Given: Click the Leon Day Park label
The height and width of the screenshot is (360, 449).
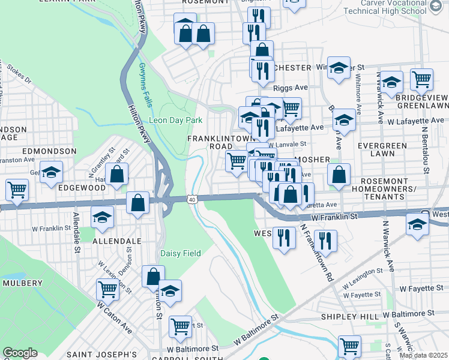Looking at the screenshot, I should (175, 120).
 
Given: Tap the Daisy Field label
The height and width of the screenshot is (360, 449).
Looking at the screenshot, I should (181, 254).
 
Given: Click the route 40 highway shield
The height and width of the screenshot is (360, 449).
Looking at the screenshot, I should (192, 199).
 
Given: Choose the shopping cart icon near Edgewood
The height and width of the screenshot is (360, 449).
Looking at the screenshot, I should (17, 190).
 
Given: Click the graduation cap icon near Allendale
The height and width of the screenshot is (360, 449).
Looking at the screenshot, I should (103, 218).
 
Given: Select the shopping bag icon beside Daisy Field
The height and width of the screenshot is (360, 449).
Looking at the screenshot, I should (153, 276).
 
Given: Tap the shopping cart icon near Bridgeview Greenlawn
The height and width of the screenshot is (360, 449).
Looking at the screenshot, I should (421, 79).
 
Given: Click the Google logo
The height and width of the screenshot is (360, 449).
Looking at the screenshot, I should (20, 353).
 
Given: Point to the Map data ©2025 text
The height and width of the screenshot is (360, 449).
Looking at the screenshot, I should (423, 355).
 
